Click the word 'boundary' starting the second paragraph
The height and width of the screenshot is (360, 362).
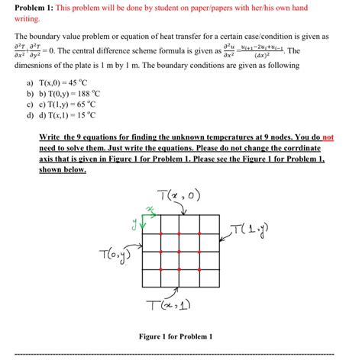click(43, 37)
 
